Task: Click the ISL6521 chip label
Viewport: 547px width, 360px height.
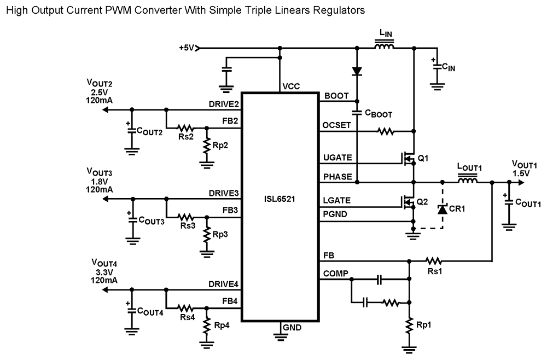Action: (x=280, y=199)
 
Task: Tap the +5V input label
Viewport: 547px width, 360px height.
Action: (x=187, y=48)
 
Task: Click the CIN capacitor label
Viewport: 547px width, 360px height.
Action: (x=449, y=67)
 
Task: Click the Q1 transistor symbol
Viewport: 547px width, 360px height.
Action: (x=408, y=159)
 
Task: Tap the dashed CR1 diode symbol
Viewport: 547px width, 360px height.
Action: (x=442, y=210)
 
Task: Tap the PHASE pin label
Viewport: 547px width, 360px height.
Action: (x=337, y=177)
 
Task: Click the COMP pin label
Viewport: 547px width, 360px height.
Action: (x=336, y=274)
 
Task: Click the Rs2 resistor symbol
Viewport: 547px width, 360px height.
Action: (x=187, y=127)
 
